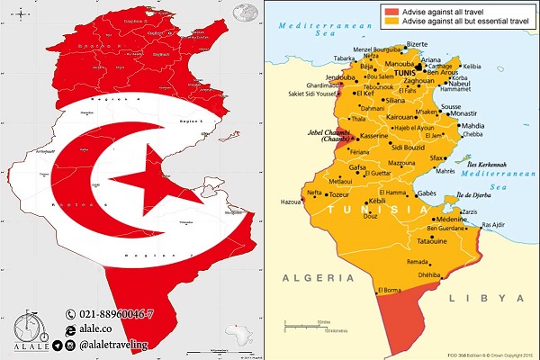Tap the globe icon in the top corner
tap(242, 14)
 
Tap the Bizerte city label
tap(417, 43)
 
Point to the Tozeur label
tap(337, 193)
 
